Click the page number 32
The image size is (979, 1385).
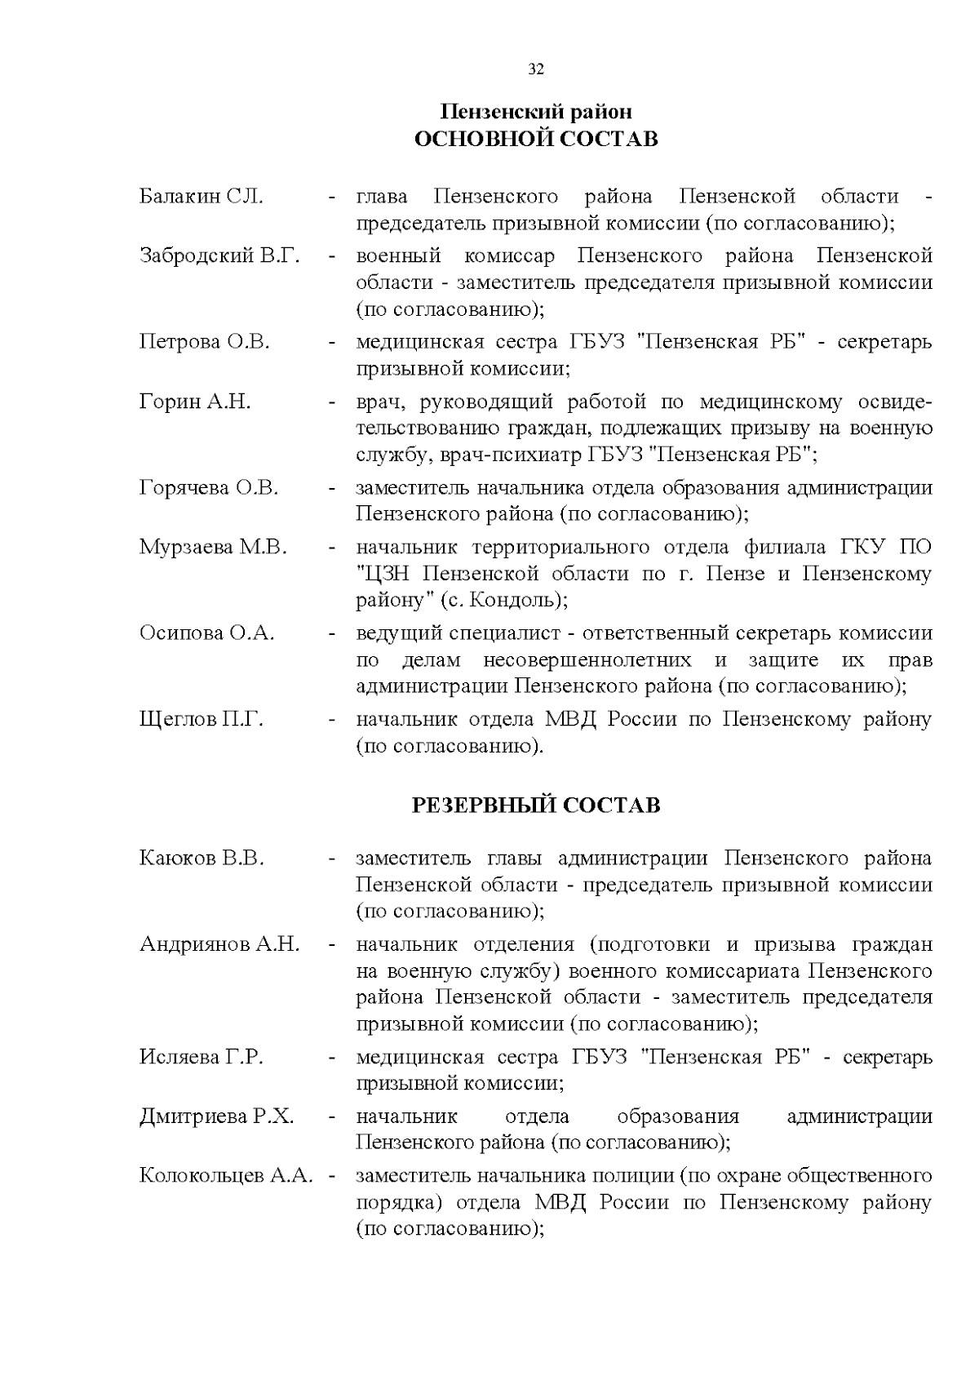pos(536,69)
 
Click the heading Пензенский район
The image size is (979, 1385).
pos(536,111)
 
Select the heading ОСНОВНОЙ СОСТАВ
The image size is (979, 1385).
pos(536,139)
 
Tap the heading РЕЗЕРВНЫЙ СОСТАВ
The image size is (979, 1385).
pos(536,806)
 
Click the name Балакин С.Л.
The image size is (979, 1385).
pos(201,197)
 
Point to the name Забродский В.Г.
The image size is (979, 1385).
pos(219,256)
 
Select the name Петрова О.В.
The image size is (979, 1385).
pos(204,342)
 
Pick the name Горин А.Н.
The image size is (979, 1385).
pos(195,402)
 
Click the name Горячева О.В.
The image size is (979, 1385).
pos(209,488)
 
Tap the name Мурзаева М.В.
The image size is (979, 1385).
pos(213,547)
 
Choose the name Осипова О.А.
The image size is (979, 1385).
pos(207,633)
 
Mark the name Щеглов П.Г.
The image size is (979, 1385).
pos(202,720)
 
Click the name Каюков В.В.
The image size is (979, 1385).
pos(202,859)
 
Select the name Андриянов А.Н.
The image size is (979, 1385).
pos(219,944)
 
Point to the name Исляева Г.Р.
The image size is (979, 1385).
pos(201,1057)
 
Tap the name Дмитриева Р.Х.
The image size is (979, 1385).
pos(216,1116)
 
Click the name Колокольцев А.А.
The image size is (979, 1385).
pos(226,1176)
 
